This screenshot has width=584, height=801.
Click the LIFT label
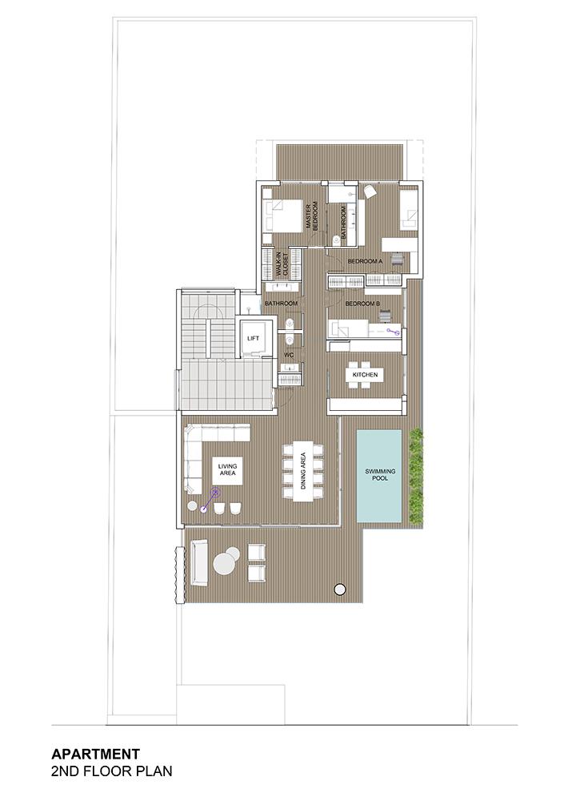tap(253, 338)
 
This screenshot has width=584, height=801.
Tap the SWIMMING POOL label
tap(380, 474)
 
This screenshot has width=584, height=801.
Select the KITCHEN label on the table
tap(365, 375)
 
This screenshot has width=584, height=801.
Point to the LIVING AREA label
tap(227, 469)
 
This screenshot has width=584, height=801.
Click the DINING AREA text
tap(303, 471)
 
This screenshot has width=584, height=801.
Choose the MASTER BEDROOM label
tap(312, 215)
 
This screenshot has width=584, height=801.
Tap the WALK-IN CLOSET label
tap(282, 264)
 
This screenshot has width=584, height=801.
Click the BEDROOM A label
tap(365, 261)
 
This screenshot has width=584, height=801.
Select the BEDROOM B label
tap(362, 304)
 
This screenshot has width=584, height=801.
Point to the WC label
tap(289, 355)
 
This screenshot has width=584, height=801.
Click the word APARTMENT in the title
tap(95, 754)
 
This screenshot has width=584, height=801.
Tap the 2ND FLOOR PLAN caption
tap(112, 771)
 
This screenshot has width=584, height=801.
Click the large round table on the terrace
tap(226, 565)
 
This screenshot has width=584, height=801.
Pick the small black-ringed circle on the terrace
tap(338, 589)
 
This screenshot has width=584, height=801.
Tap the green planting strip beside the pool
tap(416, 476)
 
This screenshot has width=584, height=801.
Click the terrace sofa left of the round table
tap(199, 563)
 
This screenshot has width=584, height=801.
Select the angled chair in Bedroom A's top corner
tap(370, 191)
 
